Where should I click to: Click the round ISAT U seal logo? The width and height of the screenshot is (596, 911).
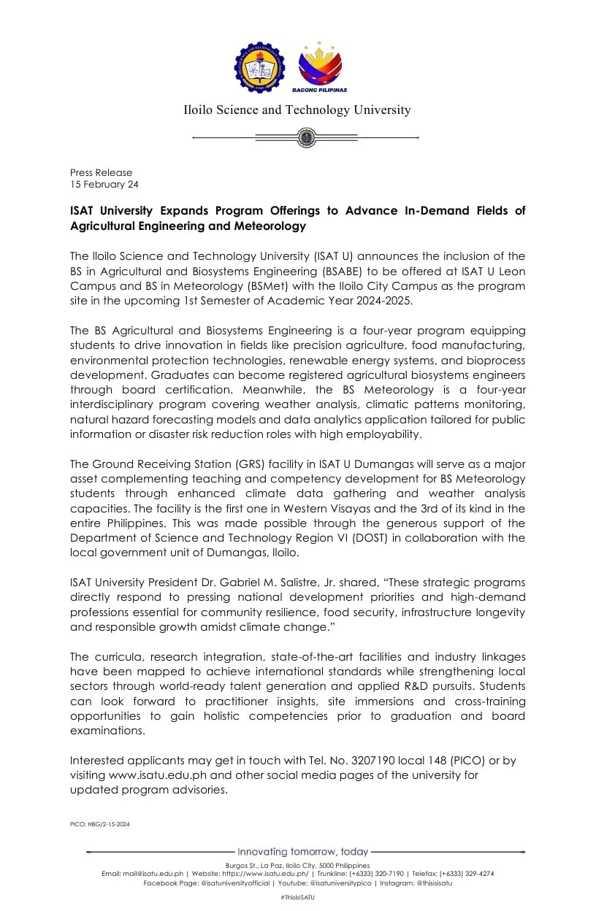(x=260, y=67)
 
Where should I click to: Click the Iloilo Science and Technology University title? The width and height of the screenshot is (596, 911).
(x=297, y=110)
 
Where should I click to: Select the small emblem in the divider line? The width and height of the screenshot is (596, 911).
(x=305, y=137)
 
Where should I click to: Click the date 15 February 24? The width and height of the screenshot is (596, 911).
(x=104, y=185)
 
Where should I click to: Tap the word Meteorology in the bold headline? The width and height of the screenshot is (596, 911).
(x=269, y=226)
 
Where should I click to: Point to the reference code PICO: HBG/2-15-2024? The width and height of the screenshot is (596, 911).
(x=100, y=824)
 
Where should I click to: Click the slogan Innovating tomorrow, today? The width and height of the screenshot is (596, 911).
(x=303, y=852)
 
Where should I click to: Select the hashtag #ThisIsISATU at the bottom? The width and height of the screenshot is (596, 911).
(x=297, y=896)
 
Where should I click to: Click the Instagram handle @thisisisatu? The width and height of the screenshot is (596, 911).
(x=435, y=883)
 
